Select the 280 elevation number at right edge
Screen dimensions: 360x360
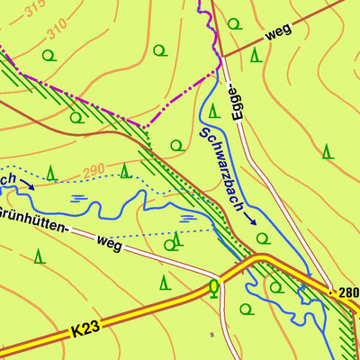348,293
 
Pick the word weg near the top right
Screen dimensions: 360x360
280,37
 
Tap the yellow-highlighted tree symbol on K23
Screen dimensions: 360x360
213,287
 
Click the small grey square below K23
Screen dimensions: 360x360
212,335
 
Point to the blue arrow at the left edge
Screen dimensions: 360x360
28,185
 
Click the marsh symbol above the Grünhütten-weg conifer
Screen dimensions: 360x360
187,217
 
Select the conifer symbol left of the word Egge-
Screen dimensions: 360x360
213,111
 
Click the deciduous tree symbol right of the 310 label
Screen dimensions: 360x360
160,50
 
